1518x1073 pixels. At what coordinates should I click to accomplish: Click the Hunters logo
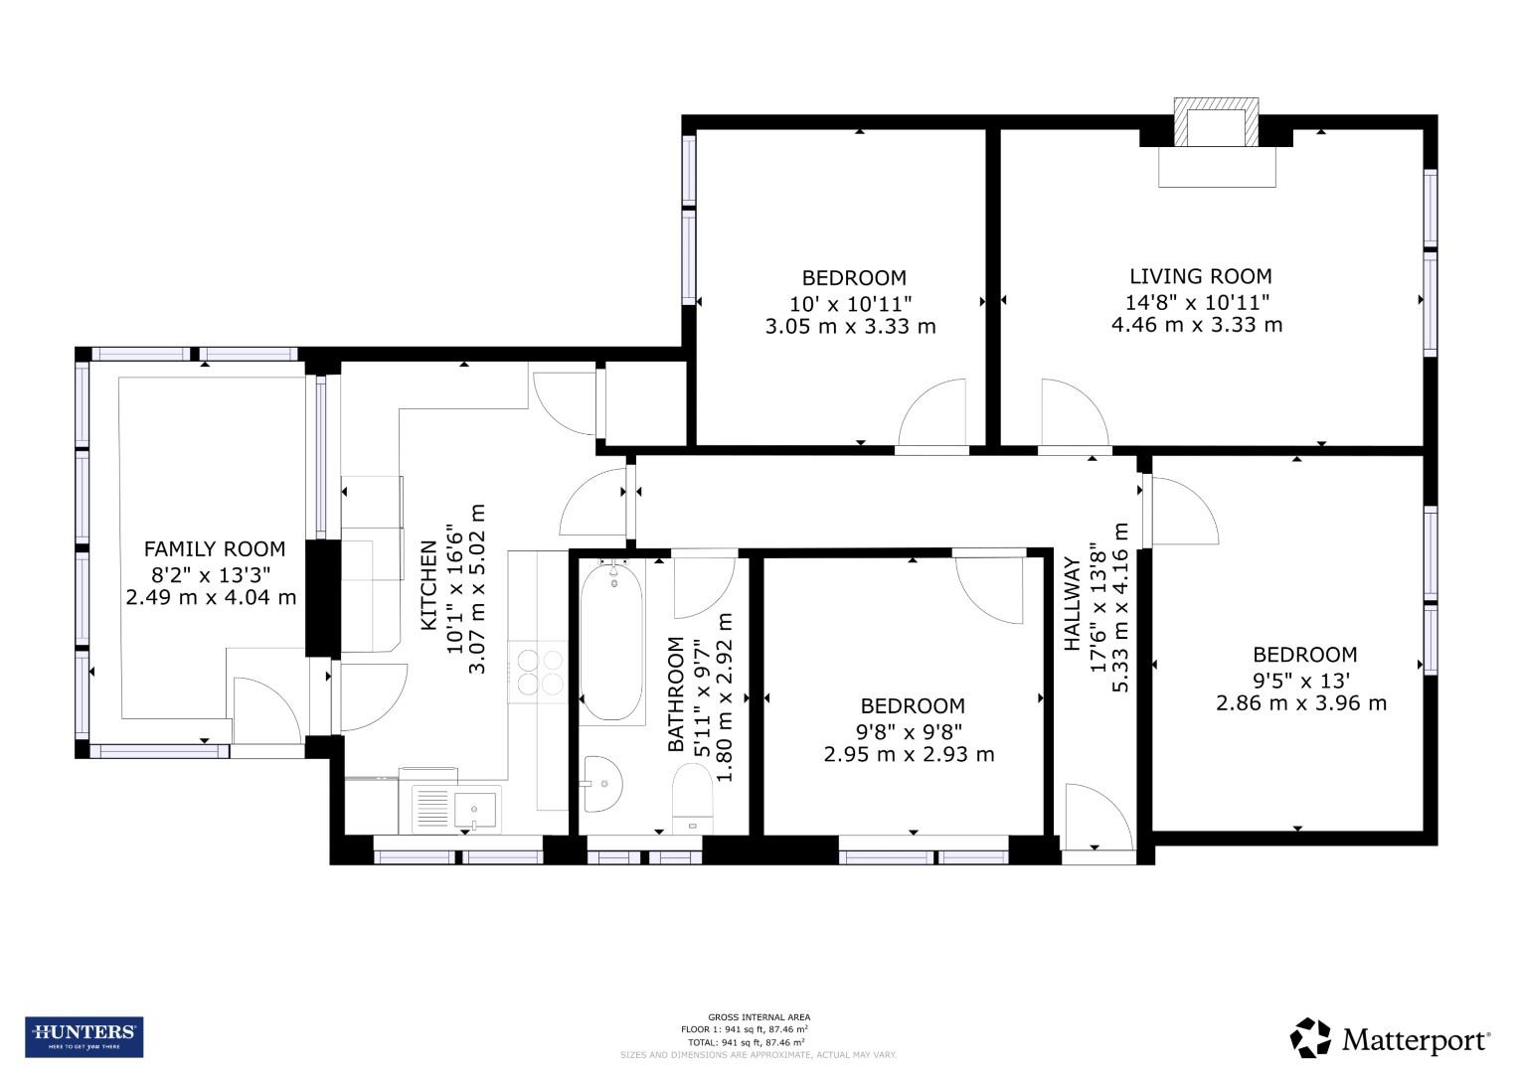84,1036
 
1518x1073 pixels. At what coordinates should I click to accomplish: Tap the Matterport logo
1391,1039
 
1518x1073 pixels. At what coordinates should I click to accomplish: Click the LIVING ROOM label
1200,276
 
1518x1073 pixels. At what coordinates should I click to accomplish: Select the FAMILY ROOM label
215,548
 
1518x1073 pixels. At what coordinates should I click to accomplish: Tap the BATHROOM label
676,693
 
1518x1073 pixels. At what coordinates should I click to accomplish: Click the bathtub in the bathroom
610,640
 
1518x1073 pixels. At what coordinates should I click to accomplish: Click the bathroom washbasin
602,783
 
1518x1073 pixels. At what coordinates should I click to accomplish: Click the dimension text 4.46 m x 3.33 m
1196,325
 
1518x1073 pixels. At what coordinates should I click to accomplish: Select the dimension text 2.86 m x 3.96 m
1300,703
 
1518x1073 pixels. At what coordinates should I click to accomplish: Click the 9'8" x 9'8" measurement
912,730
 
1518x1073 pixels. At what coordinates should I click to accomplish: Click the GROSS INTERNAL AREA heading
759,1016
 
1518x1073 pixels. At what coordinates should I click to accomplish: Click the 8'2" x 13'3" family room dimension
212,573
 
